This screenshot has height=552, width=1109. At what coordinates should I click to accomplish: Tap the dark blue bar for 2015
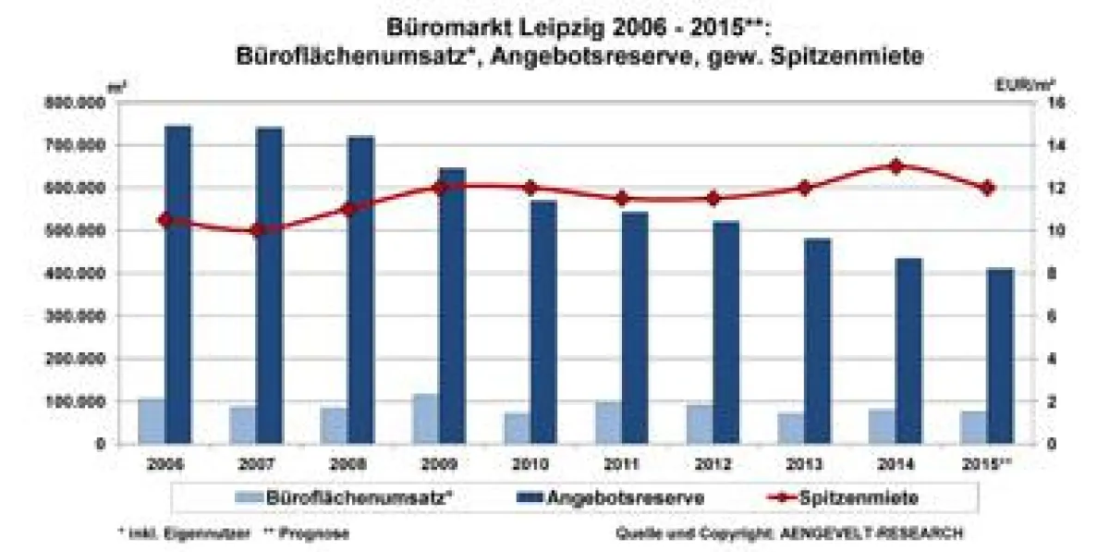click(x=1000, y=356)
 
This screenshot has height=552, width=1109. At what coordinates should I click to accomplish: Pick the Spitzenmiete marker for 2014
click(x=895, y=166)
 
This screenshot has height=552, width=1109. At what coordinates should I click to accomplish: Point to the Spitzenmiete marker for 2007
click(x=257, y=230)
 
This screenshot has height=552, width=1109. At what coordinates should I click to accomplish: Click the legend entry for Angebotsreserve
click(x=627, y=497)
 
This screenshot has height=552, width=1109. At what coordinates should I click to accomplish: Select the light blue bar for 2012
click(x=700, y=424)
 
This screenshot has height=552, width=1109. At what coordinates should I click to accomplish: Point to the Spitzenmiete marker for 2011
click(x=621, y=199)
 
